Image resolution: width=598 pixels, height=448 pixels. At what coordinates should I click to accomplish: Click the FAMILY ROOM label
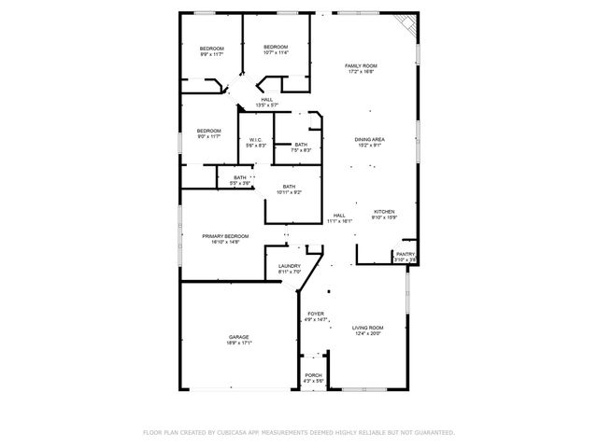360,65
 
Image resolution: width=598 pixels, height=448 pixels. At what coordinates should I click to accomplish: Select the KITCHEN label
385,212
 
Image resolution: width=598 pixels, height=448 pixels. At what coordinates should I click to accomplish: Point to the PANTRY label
406,254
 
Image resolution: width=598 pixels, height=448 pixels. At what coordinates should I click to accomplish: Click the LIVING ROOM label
367,328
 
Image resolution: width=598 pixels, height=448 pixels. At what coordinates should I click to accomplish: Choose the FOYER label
316,314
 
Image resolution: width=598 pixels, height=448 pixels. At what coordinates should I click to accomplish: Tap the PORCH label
313,375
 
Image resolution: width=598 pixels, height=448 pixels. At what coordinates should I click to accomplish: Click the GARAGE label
239,337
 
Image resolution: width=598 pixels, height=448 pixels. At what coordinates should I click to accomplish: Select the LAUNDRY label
289,266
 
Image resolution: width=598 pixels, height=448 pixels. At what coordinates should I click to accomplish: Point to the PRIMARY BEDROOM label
225,236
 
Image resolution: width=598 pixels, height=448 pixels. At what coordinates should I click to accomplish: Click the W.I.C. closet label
256,140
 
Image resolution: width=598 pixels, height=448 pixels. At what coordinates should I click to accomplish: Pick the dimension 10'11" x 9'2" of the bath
289,192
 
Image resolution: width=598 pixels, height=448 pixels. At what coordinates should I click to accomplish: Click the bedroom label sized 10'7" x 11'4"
276,48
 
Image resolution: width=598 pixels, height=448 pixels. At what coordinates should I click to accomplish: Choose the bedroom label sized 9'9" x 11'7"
211,49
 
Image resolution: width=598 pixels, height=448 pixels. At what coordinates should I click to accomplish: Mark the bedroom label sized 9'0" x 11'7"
208,131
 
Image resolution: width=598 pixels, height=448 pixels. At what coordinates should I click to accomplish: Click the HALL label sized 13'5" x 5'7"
267,100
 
